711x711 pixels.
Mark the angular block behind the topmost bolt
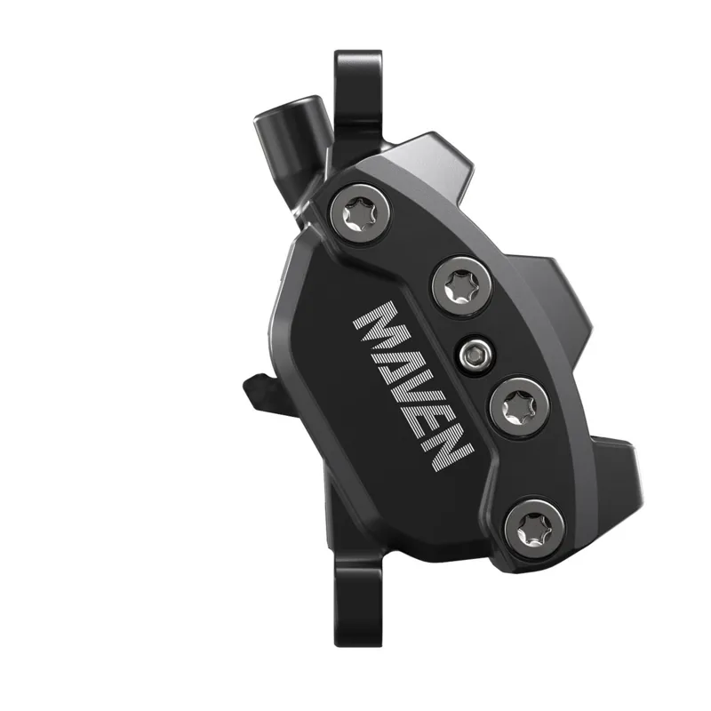tap(444, 164)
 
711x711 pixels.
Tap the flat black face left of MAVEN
tap(320, 373)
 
